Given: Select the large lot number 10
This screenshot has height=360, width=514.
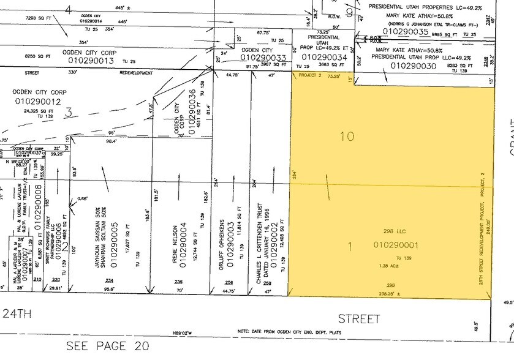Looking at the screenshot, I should point(347,136).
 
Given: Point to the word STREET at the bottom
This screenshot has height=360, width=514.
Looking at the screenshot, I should point(358,319).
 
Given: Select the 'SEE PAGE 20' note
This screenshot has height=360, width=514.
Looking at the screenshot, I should point(108,346).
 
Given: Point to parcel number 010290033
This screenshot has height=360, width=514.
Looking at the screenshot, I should point(264,58).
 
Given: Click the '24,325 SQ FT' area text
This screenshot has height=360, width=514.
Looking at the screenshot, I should point(38,111).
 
